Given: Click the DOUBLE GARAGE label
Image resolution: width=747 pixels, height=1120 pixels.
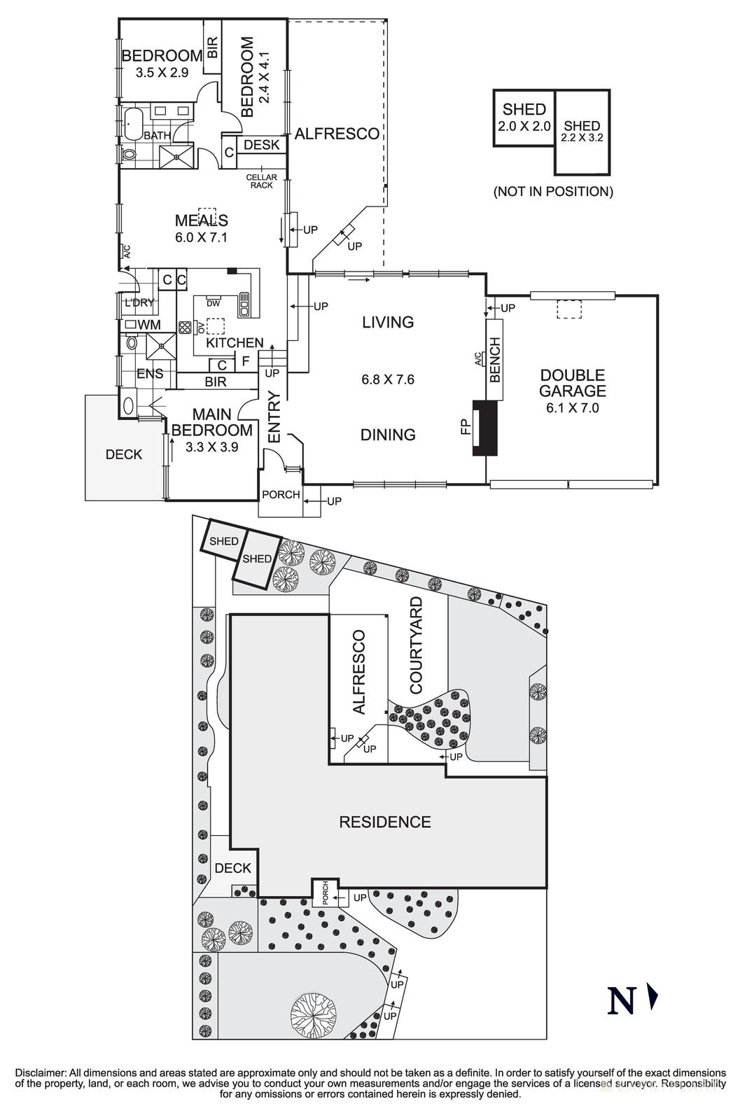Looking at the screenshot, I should (x=572, y=383).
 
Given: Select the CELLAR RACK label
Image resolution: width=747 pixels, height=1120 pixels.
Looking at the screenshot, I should (x=261, y=181).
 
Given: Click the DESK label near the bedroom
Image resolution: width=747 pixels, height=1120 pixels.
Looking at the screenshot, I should (x=262, y=145).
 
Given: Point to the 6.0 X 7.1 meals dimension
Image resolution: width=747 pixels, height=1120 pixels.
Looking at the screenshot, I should (x=202, y=237).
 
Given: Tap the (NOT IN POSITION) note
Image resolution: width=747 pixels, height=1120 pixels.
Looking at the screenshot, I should (x=553, y=191).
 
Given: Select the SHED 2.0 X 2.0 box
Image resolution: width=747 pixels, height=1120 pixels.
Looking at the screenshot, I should (x=524, y=118).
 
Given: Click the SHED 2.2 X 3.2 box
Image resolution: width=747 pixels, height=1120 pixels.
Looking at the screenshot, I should (x=582, y=132).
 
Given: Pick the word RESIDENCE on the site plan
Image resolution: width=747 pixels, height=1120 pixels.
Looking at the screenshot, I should (x=384, y=822).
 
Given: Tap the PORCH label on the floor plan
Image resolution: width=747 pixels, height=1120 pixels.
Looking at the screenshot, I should (x=281, y=494).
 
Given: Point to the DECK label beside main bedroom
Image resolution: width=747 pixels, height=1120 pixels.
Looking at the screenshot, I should (x=124, y=454).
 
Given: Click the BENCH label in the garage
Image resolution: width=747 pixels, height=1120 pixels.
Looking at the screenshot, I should (x=495, y=360).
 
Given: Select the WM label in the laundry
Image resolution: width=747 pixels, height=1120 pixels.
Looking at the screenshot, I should (x=149, y=325).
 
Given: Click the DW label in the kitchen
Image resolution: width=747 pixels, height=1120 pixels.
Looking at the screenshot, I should (x=214, y=303).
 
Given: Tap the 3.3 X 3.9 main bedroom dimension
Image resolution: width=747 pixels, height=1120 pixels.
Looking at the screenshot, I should (x=212, y=447).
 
